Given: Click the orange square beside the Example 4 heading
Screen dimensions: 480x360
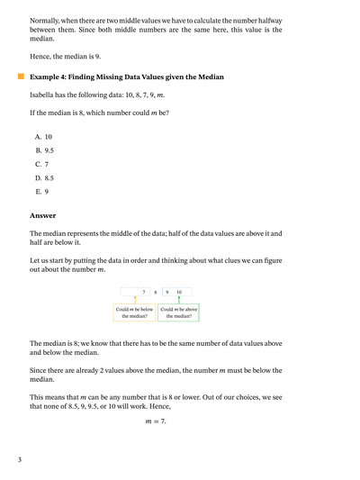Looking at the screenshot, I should (21, 77).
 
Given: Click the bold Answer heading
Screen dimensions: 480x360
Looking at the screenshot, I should (42, 215).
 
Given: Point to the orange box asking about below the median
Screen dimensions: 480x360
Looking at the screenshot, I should (134, 312).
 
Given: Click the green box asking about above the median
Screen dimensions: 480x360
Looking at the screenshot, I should (178, 312).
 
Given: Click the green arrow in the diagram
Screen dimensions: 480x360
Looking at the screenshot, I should (178, 299).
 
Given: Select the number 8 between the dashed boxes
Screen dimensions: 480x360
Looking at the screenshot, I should (155, 292).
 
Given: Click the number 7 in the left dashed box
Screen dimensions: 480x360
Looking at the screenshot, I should (144, 292).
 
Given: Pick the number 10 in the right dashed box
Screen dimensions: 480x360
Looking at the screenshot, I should (178, 292).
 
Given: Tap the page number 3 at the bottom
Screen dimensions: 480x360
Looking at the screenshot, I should (19, 460).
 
